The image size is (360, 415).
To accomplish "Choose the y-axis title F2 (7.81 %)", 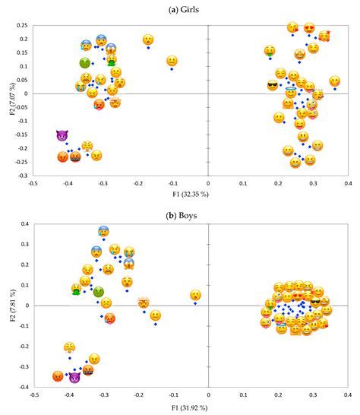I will (x=6, y=305).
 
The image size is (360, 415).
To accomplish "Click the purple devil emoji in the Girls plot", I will (x=62, y=136).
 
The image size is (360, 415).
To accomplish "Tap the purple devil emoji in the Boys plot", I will (x=74, y=376).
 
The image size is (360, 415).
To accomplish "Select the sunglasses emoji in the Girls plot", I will (x=273, y=85).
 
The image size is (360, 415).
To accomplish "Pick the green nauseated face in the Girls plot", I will (x=85, y=62).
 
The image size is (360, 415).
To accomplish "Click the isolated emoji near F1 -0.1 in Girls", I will (x=172, y=61).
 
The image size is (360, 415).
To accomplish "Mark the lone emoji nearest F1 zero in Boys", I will (x=195, y=295).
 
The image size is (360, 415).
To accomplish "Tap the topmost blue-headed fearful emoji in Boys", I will (x=103, y=232).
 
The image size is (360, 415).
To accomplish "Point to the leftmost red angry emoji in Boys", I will (x=58, y=375).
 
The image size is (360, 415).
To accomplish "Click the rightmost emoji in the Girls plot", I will (x=335, y=81).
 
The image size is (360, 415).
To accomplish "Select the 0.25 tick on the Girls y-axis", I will (x=21, y=25).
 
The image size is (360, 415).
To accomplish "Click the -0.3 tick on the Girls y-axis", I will (x=21, y=176).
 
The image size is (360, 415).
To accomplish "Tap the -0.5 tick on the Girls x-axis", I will (x=32, y=183).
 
